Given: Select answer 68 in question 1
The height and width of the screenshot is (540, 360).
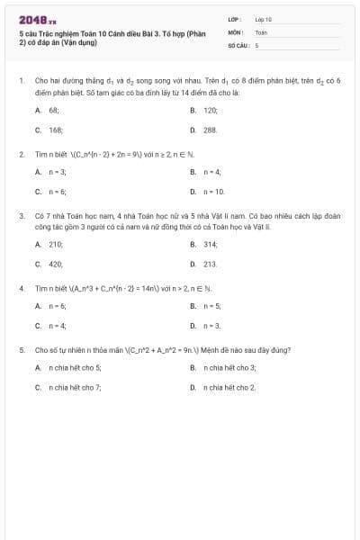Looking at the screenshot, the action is point(54,110).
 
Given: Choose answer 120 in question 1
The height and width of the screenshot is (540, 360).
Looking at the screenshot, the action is point(211,110).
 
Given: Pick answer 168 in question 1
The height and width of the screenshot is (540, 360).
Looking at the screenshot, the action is point(56,130).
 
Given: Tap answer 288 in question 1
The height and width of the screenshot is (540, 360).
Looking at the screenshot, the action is point(211,130).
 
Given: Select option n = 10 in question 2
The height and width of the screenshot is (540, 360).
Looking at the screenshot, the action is point(214,192).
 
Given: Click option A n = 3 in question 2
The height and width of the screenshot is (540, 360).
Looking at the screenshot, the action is point(57,172).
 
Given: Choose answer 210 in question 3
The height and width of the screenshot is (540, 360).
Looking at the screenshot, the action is point(56,244).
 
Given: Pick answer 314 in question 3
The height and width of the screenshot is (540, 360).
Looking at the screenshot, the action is point(211,244).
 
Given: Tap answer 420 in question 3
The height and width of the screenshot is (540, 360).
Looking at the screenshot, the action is point(56,264).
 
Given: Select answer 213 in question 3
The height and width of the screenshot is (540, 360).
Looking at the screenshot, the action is point(211,264).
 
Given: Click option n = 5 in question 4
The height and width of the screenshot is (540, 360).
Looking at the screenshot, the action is point(211,306).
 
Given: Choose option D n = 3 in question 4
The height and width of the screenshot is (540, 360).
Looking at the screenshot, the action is point(211,326).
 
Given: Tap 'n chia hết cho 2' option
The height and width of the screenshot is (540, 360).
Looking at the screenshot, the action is point(229,387).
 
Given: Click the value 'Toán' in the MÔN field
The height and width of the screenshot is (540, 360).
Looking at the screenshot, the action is point(261,31).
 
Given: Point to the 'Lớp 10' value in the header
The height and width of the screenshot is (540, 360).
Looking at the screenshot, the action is point(263,18).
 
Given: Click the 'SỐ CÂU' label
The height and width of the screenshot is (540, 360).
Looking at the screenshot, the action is point(238,43).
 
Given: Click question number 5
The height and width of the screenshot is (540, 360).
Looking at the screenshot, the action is point(21,349).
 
